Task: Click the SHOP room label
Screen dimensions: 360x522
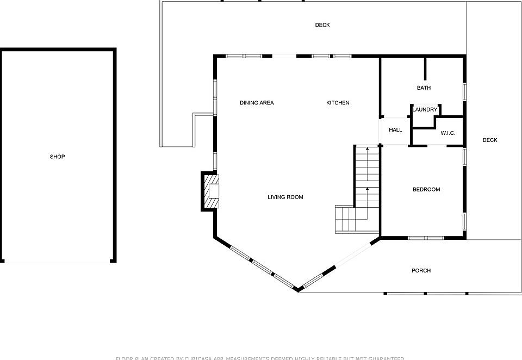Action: tap(57, 157)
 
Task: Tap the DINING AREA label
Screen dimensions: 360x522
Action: tap(257, 103)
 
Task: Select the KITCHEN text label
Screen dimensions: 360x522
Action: tap(338, 103)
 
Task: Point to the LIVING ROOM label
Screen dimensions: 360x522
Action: tap(285, 197)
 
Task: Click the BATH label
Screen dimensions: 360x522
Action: tap(424, 88)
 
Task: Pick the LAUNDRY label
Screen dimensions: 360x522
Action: tap(425, 110)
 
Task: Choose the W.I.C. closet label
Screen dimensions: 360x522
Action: tap(448, 133)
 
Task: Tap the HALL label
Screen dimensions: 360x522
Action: tap(395, 130)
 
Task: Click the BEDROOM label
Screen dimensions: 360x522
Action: tap(426, 189)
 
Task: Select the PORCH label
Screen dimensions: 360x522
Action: tap(421, 270)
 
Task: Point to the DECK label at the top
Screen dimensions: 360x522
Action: tap(322, 25)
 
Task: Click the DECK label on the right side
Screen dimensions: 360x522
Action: tap(490, 140)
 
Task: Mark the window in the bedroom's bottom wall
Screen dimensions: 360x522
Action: tap(426, 238)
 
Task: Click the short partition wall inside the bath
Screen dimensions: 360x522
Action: tap(425, 69)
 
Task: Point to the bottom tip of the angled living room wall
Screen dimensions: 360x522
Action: tap(298, 289)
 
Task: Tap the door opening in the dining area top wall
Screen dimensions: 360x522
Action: tap(284, 56)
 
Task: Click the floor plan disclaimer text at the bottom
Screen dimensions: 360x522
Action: tap(260, 358)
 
